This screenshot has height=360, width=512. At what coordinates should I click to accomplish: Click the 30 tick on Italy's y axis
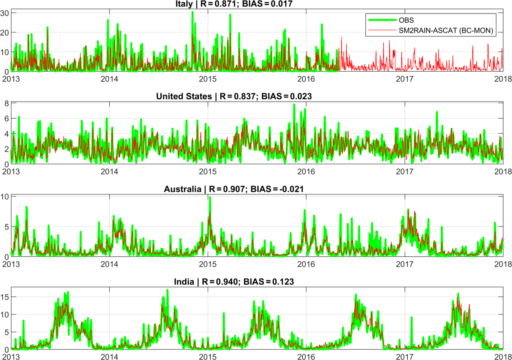point(5,13)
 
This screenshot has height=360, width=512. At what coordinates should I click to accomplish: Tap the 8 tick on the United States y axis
point(6,103)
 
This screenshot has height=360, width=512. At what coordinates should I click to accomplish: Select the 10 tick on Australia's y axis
point(5,196)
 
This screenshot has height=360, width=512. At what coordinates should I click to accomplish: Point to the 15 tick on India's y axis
point(5,297)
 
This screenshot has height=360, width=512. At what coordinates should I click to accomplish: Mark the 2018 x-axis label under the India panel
point(503,356)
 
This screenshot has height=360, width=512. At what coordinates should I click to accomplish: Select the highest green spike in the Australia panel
point(209,197)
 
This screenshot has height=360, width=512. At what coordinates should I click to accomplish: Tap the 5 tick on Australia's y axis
point(6,226)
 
